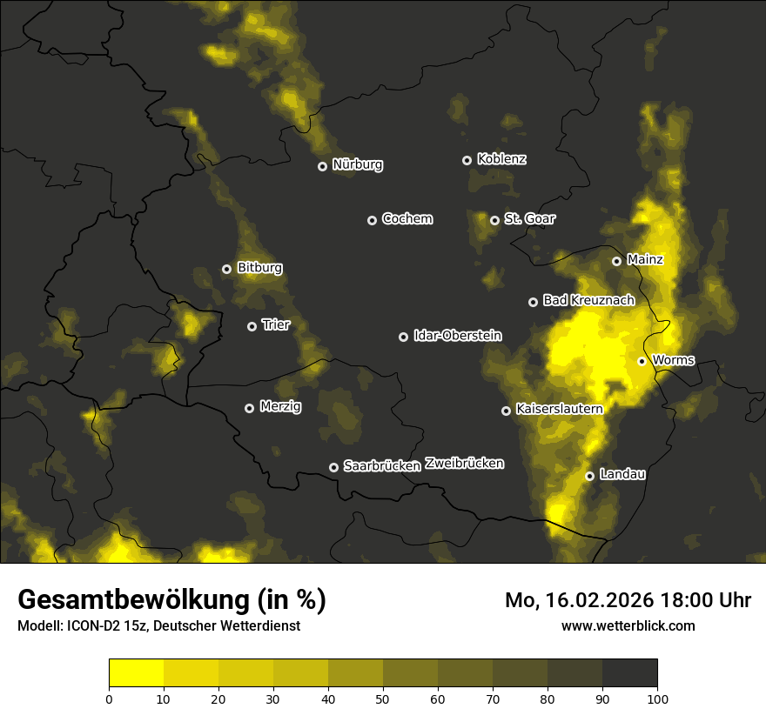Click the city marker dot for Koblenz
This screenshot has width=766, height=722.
coord(467,160)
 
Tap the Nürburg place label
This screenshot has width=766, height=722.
coord(358,164)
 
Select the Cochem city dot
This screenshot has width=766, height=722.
coord(372,220)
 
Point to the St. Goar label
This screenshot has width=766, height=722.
coord(529,218)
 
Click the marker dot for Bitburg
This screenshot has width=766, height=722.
coord(226,269)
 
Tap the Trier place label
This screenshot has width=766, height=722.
coord(276,325)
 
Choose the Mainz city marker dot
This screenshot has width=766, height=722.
coord(616,261)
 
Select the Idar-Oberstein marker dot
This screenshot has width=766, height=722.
coord(403,337)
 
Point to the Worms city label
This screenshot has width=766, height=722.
coord(673,359)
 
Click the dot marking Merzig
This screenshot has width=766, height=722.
coord(249,408)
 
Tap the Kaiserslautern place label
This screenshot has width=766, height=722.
coord(559,408)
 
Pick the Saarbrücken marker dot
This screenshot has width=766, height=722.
coord(333,467)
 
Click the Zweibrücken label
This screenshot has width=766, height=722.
coord(464,463)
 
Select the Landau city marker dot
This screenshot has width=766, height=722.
coord(589,476)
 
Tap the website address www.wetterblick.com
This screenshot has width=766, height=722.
coord(628,625)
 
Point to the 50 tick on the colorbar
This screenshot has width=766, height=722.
coord(383,699)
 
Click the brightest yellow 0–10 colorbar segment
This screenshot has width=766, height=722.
coord(136,673)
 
